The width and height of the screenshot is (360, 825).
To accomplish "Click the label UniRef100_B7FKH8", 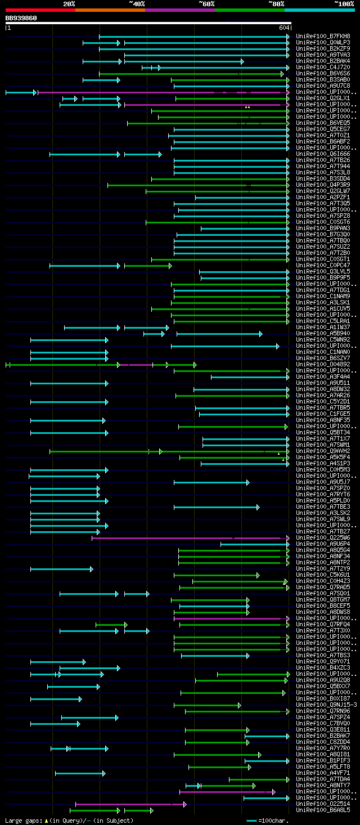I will [323, 36].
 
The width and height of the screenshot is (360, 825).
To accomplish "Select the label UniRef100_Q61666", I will [323, 154].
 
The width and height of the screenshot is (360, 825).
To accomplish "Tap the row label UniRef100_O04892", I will [323, 364].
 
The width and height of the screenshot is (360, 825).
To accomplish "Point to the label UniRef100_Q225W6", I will [323, 537].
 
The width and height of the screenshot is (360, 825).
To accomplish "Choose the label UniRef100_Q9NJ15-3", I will [326, 705].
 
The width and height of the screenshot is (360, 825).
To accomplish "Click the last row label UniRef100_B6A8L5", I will [323, 810].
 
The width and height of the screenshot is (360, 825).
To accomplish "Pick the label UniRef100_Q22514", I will [323, 804].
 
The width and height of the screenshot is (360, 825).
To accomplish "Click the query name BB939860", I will [21, 18].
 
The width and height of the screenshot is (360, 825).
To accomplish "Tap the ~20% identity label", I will [69, 4].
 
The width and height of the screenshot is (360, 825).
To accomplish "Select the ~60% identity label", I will [206, 4].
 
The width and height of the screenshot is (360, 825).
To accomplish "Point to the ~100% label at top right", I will [344, 4].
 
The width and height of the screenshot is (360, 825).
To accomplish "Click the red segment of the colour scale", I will [40, 10].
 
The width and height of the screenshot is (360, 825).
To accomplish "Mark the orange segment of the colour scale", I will [110, 10].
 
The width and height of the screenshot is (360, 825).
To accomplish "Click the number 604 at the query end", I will [283, 28].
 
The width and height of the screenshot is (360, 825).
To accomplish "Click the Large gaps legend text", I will [22, 820].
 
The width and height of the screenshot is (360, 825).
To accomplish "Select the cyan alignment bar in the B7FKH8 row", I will [194, 37].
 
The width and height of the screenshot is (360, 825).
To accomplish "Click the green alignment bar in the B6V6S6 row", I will [191, 74].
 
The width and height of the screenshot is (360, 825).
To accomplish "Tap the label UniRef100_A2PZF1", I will [323, 197].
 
